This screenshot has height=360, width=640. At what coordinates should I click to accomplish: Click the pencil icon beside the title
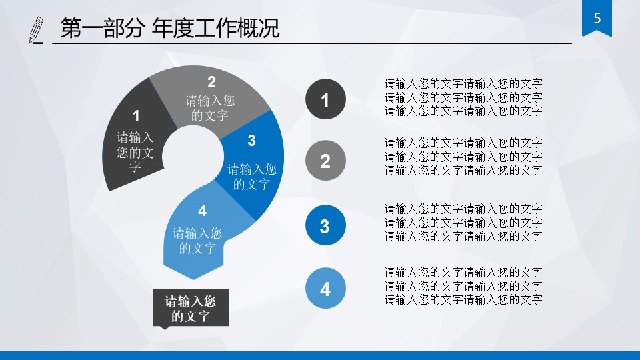pos(36,31)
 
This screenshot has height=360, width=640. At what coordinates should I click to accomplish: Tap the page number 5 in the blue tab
pos(597,19)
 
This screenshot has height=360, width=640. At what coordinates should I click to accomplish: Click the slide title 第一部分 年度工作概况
pos(169,29)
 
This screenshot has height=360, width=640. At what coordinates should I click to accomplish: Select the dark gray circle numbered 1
pos(325,100)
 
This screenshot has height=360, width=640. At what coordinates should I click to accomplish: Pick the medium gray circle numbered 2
pos(325,161)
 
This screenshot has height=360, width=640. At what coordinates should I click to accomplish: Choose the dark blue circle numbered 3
pos(325,225)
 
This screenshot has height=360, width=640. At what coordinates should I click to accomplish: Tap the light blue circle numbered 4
pos(325,289)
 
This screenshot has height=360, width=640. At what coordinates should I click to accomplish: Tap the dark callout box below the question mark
pos(191,308)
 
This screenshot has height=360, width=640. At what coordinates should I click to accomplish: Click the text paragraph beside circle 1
pos(463,97)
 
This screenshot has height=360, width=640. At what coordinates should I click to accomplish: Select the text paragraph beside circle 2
pos(463,156)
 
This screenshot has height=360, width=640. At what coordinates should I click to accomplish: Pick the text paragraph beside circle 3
pos(463,222)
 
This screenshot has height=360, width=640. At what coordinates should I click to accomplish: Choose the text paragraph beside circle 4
pos(463,285)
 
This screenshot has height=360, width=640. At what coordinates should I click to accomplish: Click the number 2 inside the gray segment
pos(211,82)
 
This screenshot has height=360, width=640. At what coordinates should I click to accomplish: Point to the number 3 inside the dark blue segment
pos(251,140)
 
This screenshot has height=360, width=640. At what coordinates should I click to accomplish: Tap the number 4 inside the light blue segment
pos(202,211)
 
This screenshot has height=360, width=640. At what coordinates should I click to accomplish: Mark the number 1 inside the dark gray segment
pos(136,116)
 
